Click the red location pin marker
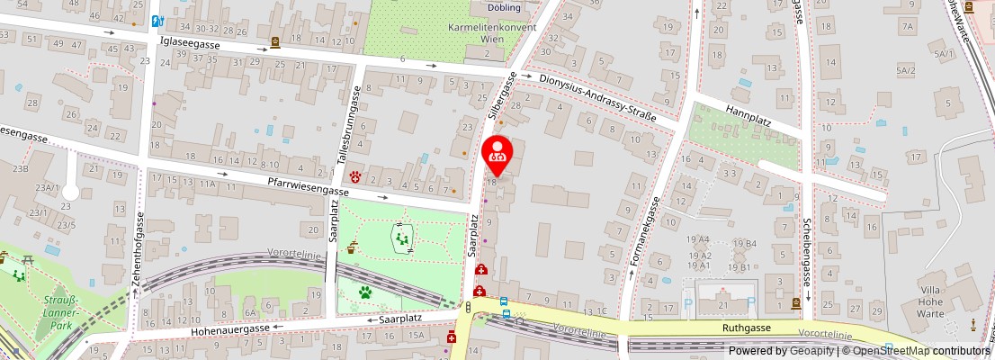497,149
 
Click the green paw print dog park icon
366,292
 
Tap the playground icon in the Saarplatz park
400,238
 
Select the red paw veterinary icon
356,176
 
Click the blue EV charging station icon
158,21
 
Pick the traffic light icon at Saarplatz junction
468,308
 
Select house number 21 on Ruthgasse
722,306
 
